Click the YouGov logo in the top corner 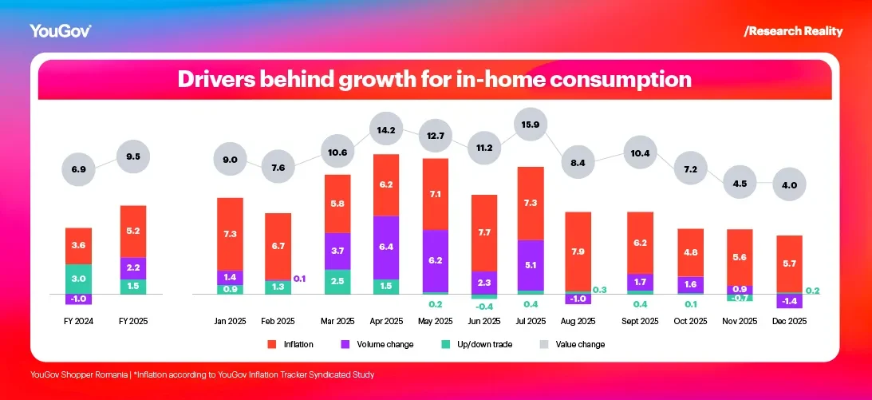point(61,31)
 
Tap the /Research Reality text point(792,31)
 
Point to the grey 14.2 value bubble point(386,129)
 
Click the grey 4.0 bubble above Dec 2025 point(789,185)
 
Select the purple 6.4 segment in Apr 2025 point(386,248)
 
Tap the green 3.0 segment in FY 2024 point(78,279)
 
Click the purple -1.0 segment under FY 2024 point(78,299)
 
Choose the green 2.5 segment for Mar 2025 point(337,282)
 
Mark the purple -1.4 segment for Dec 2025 point(789,301)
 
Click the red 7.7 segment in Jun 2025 point(484,232)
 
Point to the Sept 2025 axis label point(640,321)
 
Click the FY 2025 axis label point(132,321)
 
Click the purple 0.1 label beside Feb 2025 point(299,279)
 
